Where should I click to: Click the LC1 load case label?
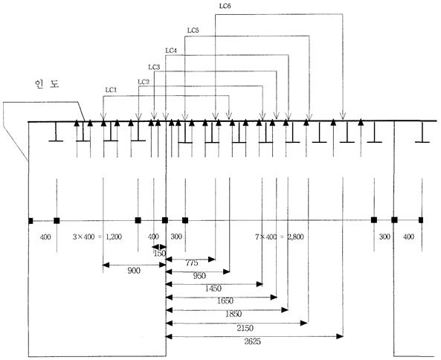click(111, 90)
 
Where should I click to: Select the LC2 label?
click(144, 82)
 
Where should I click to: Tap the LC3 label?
click(154, 67)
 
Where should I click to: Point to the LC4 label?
click(171, 51)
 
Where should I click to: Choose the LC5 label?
click(193, 30)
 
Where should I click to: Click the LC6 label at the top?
click(225, 6)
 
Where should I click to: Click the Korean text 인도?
click(47, 84)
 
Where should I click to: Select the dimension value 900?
click(134, 271)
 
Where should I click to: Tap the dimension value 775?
click(192, 263)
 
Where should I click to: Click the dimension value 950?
click(199, 276)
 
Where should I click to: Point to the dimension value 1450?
click(213, 289)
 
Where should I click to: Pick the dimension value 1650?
click(225, 301)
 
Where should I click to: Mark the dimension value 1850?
click(234, 314)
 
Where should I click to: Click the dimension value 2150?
click(245, 328)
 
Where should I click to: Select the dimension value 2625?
click(253, 341)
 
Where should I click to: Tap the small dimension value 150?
click(160, 254)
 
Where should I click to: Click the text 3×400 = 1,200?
click(97, 237)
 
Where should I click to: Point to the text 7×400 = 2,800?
click(280, 237)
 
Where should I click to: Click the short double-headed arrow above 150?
click(159, 246)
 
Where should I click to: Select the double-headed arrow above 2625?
click(254, 336)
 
